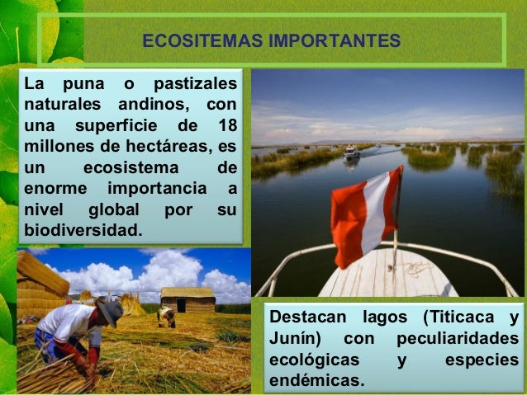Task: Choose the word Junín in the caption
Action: point(293,340)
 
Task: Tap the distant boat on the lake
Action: point(351,152)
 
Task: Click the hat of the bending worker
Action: point(109,311)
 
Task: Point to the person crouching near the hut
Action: point(167,317)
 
